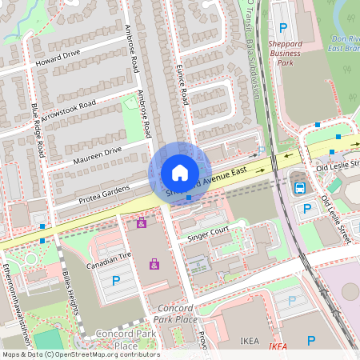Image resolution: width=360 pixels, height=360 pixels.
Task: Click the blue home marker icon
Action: pyautogui.click(x=180, y=173)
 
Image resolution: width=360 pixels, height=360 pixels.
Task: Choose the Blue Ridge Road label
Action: pyautogui.click(x=39, y=129)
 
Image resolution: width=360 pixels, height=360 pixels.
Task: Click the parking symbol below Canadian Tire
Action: pyautogui.click(x=116, y=280)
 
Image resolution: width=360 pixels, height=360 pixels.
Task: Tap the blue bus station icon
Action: pyautogui.click(x=299, y=189)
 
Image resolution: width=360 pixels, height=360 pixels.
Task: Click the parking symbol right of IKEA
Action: pyautogui.click(x=312, y=340)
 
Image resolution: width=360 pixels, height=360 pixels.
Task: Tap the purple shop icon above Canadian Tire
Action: pyautogui.click(x=142, y=222)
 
